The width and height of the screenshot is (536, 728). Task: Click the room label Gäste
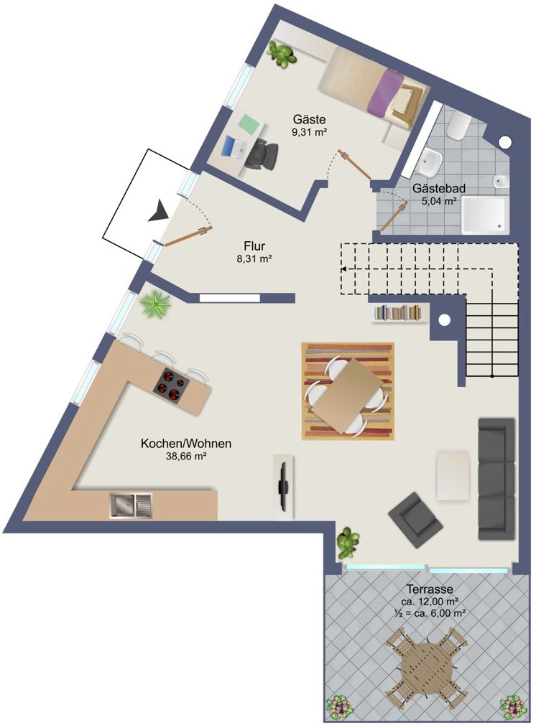click(x=310, y=119)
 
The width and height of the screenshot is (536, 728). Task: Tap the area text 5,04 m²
click(x=439, y=202)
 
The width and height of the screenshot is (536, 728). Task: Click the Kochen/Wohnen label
click(x=186, y=444)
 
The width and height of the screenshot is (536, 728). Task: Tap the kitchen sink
click(x=131, y=505)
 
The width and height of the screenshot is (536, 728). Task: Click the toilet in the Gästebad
click(x=457, y=128)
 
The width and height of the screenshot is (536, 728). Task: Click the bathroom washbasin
click(x=431, y=163)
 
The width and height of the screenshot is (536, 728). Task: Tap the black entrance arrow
click(x=157, y=212)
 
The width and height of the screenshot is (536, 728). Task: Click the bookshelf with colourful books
click(x=400, y=313)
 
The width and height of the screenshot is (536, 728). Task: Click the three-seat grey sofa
click(x=496, y=478)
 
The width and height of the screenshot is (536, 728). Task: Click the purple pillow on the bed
click(x=385, y=92)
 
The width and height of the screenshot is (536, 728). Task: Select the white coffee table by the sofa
click(x=453, y=475)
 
